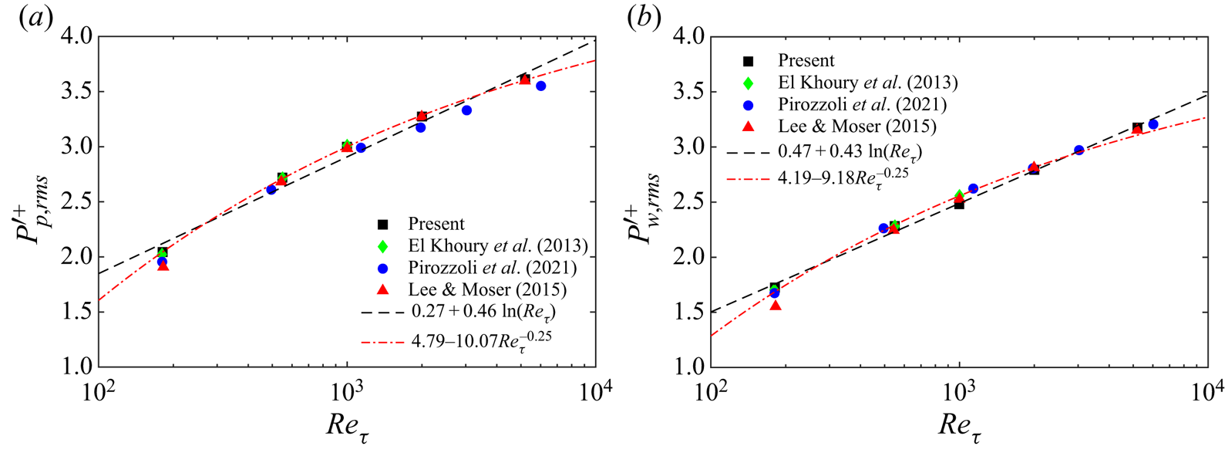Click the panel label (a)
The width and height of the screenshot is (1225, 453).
click(35, 18)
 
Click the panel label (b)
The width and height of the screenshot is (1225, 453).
click(644, 18)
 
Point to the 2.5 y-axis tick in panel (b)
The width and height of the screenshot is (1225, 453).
click(688, 202)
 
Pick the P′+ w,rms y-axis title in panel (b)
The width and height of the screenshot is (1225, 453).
click(646, 202)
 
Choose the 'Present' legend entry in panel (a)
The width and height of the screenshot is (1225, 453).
click(436, 224)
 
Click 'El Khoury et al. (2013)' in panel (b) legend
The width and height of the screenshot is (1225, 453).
click(867, 83)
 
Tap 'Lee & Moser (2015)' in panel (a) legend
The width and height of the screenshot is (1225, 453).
click(487, 289)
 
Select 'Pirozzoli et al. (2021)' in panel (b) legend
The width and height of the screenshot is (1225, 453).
click(862, 104)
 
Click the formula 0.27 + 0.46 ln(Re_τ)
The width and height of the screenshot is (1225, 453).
click(483, 312)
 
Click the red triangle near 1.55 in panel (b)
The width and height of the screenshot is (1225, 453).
click(776, 306)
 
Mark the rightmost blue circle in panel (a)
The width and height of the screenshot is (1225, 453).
click(541, 86)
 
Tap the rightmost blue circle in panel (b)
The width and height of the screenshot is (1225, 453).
click(1153, 124)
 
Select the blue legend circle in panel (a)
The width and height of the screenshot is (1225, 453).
click(382, 268)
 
